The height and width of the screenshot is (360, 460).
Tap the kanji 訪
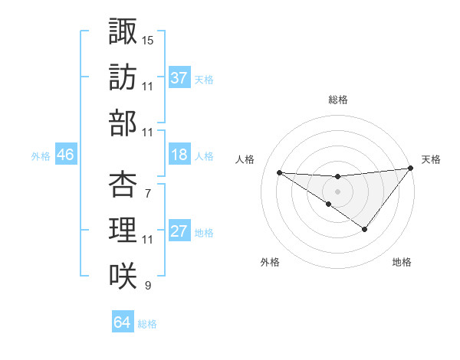coord(123,78)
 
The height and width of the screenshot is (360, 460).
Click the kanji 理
coord(123,230)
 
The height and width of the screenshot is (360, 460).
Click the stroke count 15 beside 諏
coord(148,39)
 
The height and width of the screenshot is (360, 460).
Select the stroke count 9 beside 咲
coord(147,286)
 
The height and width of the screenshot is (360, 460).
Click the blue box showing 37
coord(179,78)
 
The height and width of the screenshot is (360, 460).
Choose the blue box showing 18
coord(179,155)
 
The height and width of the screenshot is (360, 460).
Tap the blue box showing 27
coord(179,232)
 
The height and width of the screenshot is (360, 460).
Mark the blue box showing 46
coord(66,155)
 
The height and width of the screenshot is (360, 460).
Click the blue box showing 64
coord(122,322)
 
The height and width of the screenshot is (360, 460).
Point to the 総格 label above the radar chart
coord(338,100)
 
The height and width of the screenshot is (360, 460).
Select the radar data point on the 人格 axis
coord(279,172)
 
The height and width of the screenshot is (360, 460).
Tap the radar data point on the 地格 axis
coord(365,229)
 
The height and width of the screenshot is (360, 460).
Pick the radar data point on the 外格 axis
coord(329,204)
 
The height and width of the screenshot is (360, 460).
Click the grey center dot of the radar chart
coord(338,191)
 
